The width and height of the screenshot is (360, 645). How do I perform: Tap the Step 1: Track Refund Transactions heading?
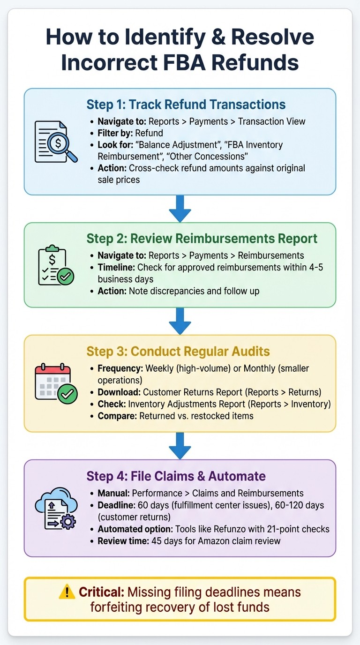pyautogui.click(x=186, y=104)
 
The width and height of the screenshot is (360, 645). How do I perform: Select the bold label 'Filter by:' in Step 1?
pyautogui.click(x=115, y=133)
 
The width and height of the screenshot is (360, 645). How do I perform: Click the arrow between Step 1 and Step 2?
pyautogui.click(x=180, y=209)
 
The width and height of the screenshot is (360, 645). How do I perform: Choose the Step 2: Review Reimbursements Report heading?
pyautogui.click(x=202, y=238)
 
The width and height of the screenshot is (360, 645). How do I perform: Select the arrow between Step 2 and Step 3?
pyautogui.click(x=180, y=321)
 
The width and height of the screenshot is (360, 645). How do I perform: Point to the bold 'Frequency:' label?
pyautogui.click(x=120, y=368)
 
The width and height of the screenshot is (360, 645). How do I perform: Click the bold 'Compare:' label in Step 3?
pyautogui.click(x=117, y=415)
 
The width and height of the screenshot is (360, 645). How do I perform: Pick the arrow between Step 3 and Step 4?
pyautogui.click(x=180, y=445)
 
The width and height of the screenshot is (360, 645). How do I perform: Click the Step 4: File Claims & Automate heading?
pyautogui.click(x=176, y=476)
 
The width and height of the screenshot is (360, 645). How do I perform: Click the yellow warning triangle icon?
pyautogui.click(x=67, y=592)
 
